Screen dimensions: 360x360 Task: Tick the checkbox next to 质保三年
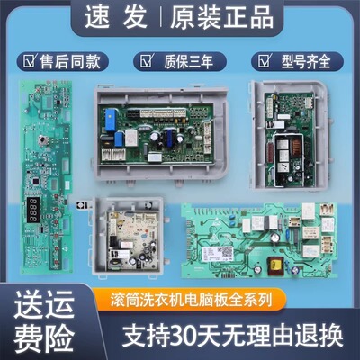(x=143, y=61)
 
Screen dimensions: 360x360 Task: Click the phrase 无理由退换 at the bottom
(x=283, y=337)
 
